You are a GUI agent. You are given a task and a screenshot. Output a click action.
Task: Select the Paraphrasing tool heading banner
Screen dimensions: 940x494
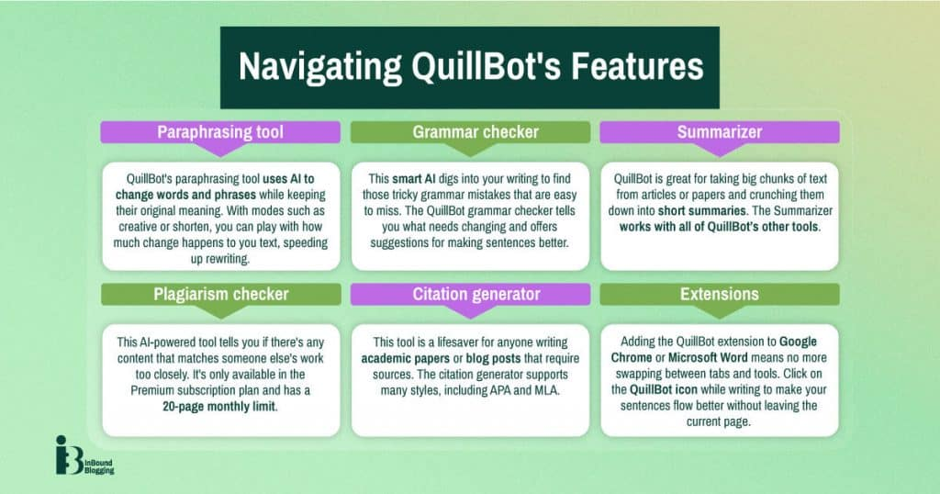click(x=220, y=132)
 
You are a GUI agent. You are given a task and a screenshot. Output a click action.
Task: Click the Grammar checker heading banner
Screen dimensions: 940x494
click(x=471, y=132)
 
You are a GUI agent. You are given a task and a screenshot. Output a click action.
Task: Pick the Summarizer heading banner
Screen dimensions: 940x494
click(x=720, y=132)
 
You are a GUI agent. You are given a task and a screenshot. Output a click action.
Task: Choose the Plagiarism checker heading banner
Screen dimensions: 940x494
click(x=220, y=294)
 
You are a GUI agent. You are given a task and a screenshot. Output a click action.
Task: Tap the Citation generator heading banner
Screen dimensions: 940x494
click(x=471, y=294)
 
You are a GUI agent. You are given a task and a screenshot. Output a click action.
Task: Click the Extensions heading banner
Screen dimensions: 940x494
click(x=720, y=294)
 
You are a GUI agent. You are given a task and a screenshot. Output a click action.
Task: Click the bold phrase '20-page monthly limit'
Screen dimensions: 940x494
click(x=219, y=407)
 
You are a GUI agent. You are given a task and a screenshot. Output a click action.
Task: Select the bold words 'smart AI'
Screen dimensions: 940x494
click(x=414, y=179)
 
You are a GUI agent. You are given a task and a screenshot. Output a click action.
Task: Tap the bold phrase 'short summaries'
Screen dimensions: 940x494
click(x=702, y=211)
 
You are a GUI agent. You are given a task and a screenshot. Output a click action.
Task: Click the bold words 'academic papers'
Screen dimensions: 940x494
click(x=405, y=358)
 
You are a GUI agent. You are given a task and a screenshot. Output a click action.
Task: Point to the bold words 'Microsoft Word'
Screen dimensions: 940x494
click(x=708, y=358)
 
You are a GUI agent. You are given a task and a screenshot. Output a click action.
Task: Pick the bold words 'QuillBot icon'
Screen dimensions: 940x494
click(x=664, y=389)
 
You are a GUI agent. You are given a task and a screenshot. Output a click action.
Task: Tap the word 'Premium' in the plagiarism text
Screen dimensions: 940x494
click(x=153, y=390)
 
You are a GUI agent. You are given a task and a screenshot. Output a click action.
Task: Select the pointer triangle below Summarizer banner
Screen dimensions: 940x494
click(x=720, y=150)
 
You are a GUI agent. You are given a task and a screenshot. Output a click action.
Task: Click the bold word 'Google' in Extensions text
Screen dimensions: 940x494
click(x=798, y=342)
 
